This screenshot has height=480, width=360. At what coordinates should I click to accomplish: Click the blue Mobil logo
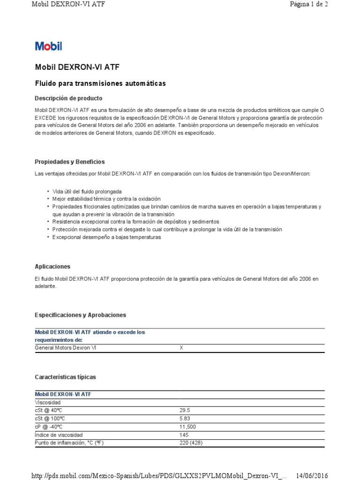[48, 46]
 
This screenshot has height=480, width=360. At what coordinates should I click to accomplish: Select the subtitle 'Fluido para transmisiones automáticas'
[100, 83]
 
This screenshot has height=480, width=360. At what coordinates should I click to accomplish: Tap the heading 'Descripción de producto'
[68, 98]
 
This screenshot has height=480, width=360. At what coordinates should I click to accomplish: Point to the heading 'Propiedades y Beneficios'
[70, 162]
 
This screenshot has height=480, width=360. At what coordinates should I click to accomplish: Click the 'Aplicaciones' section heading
[52, 266]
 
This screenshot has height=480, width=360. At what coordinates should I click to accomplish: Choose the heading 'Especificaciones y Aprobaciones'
[81, 315]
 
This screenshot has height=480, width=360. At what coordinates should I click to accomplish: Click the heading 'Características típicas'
[65, 377]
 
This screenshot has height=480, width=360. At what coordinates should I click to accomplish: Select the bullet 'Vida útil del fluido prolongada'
[87, 192]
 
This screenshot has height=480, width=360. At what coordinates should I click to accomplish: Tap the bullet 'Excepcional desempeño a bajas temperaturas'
[106, 237]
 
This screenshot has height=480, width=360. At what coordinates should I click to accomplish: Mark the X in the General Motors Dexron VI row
[182, 348]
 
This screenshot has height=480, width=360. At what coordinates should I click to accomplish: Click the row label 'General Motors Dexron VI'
[66, 348]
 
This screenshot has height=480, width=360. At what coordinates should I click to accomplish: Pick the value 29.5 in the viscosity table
[185, 410]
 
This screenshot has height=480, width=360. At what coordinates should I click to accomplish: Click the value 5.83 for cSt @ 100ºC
[185, 419]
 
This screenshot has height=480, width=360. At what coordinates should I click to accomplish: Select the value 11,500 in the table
[188, 427]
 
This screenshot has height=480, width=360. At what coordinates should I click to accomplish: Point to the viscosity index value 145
[184, 435]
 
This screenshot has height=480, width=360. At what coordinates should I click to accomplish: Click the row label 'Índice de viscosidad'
[59, 435]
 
